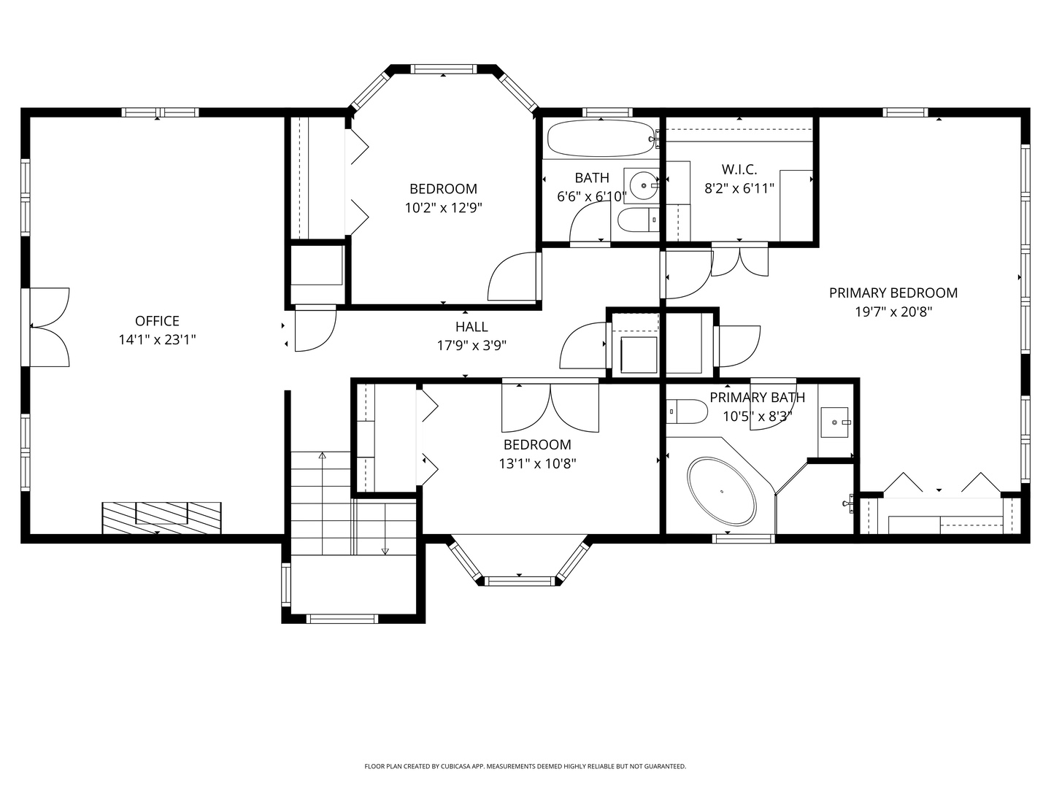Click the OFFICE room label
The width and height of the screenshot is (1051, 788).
(157, 321)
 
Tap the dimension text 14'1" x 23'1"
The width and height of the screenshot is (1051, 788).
(157, 340)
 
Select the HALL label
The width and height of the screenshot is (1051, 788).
(471, 327)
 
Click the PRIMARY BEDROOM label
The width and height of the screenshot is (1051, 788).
(893, 293)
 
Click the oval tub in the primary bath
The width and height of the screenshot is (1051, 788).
(721, 490)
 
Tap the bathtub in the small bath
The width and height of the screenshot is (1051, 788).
(600, 138)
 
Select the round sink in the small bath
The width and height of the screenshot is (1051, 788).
(643, 185)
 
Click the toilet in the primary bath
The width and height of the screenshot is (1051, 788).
(686, 412)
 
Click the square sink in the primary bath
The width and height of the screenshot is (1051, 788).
(834, 422)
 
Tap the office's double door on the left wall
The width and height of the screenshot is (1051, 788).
(50, 327)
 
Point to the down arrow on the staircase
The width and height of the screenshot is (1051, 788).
(385, 551)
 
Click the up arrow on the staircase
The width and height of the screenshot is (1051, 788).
(322, 456)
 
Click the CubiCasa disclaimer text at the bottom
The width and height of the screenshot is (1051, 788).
(525, 767)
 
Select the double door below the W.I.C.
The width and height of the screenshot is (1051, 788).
(739, 263)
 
